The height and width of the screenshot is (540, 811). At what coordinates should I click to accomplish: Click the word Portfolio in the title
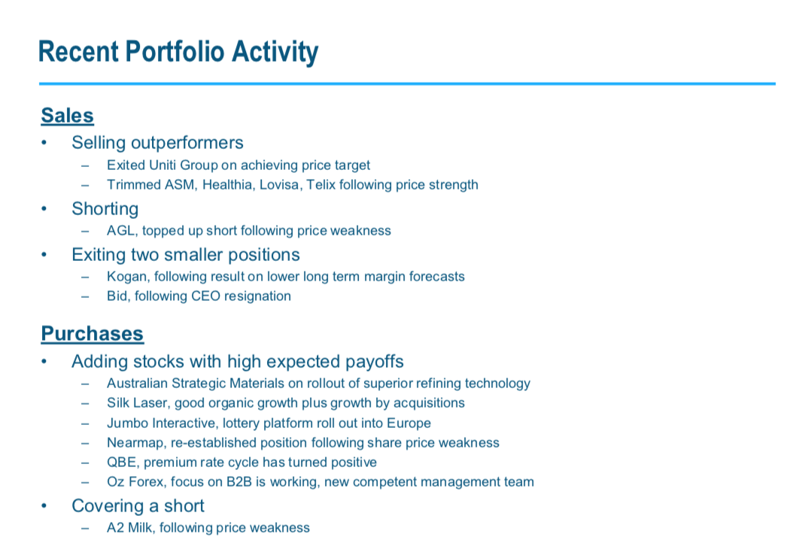(175, 52)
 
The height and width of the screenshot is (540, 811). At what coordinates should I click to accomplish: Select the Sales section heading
(67, 115)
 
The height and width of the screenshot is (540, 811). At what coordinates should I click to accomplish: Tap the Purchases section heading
(92, 334)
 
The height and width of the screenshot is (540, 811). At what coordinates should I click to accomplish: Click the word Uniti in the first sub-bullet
(163, 165)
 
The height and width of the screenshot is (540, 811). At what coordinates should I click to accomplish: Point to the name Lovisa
(279, 185)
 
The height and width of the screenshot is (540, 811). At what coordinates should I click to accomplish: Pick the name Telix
(320, 185)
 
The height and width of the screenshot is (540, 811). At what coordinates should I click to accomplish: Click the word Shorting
(105, 209)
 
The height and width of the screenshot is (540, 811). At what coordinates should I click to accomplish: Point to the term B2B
(239, 481)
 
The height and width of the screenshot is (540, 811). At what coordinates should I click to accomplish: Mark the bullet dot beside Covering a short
(44, 506)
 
